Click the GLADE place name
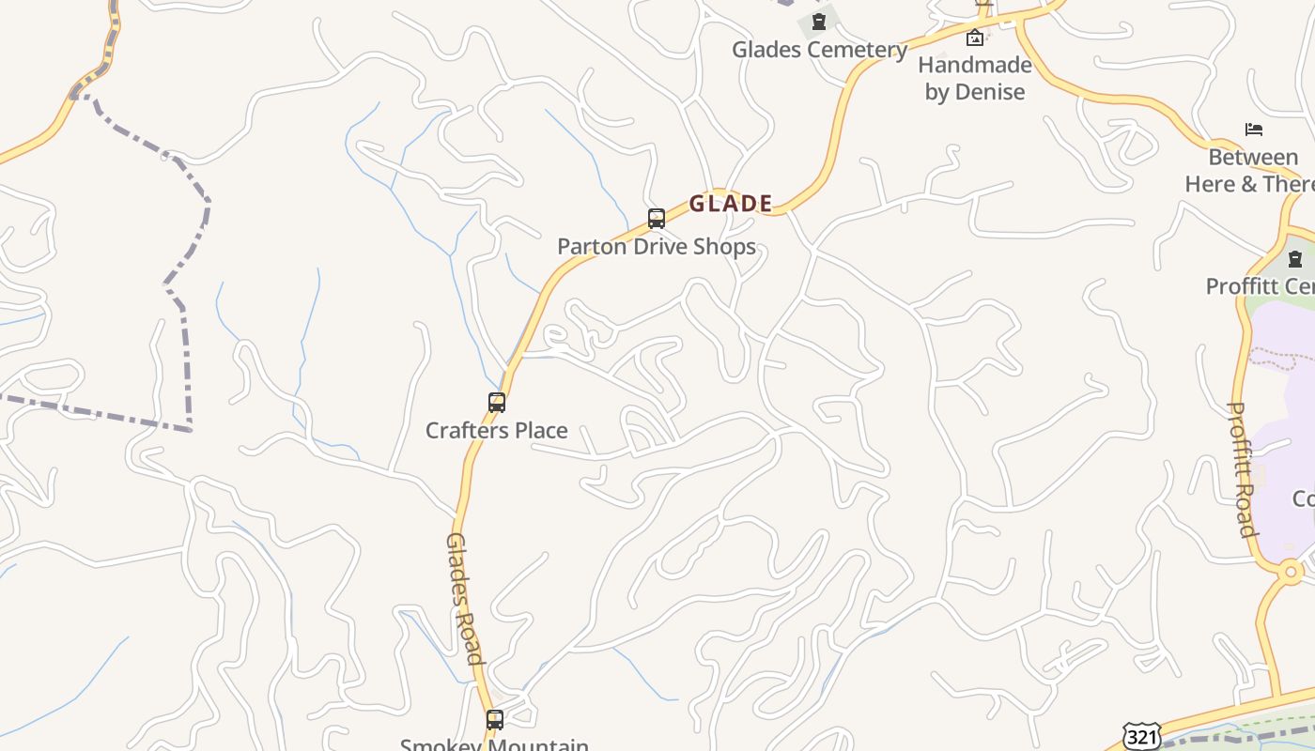click(731, 204)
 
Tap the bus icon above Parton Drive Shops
click(657, 219)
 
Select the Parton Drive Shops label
click(657, 247)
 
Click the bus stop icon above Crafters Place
click(497, 403)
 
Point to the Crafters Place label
click(497, 431)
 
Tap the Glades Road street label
click(465, 598)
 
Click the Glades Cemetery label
click(820, 50)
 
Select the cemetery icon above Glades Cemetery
click(819, 22)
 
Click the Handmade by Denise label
click(975, 78)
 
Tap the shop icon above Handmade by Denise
click(975, 38)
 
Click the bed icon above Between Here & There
click(1254, 130)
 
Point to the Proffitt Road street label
click(1243, 469)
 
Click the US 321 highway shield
click(1141, 736)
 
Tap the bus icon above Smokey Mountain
click(495, 720)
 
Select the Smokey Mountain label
click(495, 744)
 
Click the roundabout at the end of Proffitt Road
click(1291, 570)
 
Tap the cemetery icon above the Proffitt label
click(1295, 259)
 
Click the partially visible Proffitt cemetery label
click(1261, 286)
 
